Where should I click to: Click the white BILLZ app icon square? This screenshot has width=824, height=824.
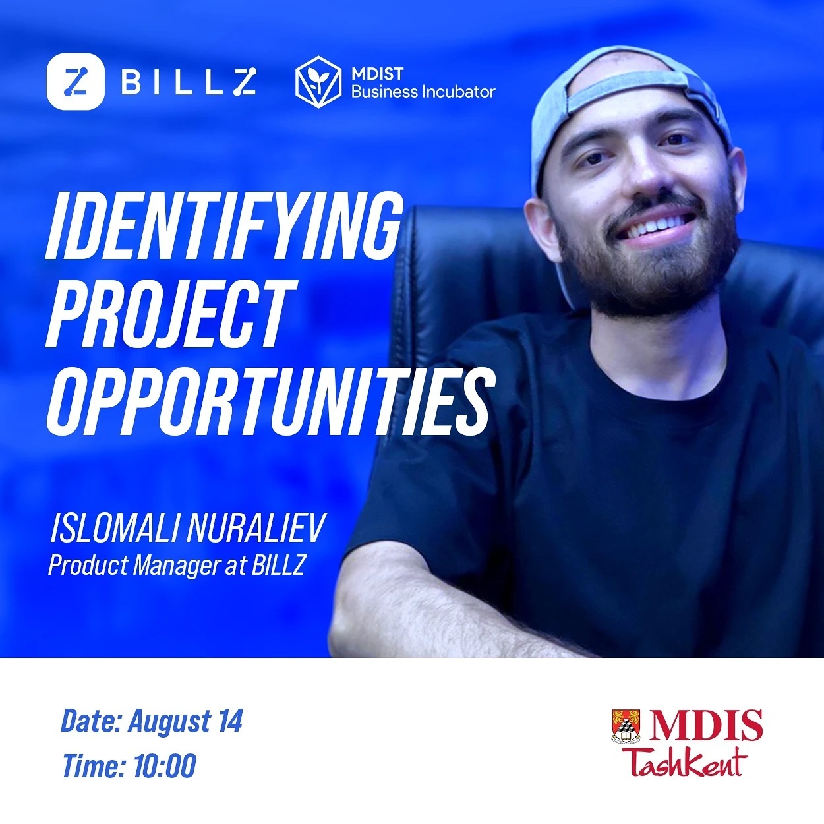pos(75,81)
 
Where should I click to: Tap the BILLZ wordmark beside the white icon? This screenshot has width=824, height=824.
pos(189,81)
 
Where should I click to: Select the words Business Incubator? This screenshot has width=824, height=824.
pos(423,92)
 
